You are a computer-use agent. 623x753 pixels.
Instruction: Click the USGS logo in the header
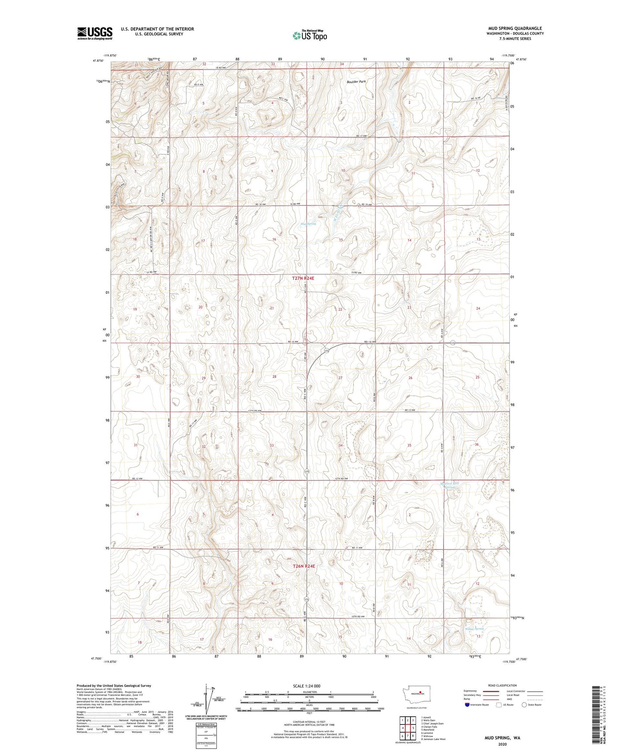[x=95, y=33]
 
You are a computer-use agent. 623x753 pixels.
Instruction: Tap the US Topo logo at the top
[x=309, y=36]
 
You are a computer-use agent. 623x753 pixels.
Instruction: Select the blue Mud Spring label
[x=308, y=224]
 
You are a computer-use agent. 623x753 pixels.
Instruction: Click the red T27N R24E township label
[x=303, y=279]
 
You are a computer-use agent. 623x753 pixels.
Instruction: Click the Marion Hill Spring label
[x=450, y=485]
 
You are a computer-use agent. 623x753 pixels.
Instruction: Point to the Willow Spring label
[x=474, y=629]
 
